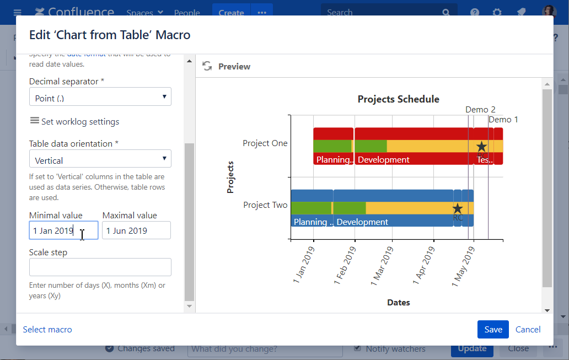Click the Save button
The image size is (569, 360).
pos(493,330)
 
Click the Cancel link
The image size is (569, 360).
pos(528,330)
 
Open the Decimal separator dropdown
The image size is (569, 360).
pos(100,97)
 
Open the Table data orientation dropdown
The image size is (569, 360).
pos(100,159)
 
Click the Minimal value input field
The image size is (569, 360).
pos(63,230)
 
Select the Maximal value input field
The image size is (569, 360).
pos(136,230)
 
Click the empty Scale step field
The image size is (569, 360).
pos(100,267)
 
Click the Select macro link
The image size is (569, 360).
pos(47,330)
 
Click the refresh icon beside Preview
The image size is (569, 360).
pos(207,66)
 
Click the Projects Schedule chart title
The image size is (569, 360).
pos(398,99)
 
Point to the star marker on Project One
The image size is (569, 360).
pos(481,147)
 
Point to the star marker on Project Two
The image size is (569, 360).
pos(457,209)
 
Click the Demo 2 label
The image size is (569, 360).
pos(480,110)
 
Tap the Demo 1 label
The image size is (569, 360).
pos(503,120)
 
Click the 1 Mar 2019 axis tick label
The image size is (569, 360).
pos(383,266)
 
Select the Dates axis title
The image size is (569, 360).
pos(398,303)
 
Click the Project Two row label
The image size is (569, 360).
pos(265,205)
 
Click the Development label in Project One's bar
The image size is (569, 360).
pos(384,160)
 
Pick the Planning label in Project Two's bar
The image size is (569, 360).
pos(312,222)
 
